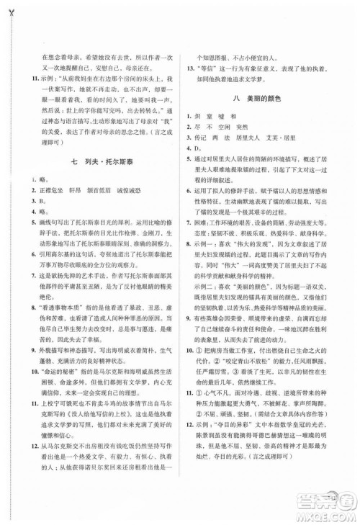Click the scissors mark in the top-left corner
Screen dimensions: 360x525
click(x=6, y=7)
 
